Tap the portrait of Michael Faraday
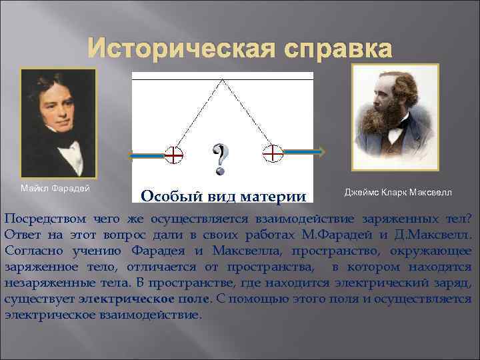(x=58, y=123)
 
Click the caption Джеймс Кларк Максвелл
(x=397, y=193)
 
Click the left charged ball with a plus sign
(x=173, y=155)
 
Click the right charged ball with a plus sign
(x=273, y=153)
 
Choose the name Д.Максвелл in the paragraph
(x=435, y=235)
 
